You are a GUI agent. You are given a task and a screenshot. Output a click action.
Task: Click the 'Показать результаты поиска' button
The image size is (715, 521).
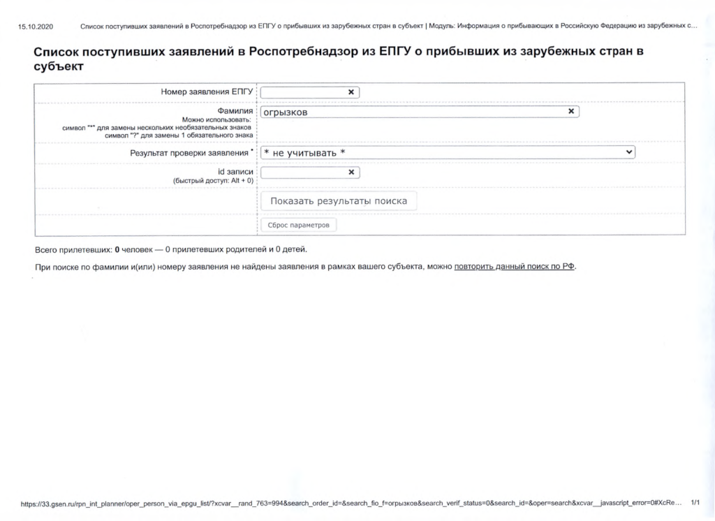coord(339,201)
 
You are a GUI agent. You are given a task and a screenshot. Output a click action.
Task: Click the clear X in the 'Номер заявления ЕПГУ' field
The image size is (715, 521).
coord(351,92)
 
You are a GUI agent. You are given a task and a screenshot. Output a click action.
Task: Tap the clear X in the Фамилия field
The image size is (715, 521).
coord(571,112)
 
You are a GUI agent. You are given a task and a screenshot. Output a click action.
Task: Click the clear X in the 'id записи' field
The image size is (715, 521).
coord(351,173)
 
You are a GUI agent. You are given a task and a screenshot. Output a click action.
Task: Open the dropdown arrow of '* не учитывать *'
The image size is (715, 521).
coord(628,152)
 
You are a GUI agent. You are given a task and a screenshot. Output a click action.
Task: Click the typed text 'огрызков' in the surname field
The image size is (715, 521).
coord(285,112)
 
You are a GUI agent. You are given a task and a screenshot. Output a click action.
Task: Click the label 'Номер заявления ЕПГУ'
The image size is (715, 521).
coord(207,92)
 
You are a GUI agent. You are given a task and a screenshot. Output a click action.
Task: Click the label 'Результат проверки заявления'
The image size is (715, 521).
coord(189,152)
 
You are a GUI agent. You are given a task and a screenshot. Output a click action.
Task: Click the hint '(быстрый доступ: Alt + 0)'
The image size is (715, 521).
coord(213,181)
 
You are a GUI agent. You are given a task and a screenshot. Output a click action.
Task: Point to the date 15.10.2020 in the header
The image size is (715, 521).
coord(36,27)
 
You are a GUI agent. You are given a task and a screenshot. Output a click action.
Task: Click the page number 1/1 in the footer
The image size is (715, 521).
coord(695,502)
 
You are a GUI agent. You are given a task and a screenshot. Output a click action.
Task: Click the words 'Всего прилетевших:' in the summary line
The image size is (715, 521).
coord(73,249)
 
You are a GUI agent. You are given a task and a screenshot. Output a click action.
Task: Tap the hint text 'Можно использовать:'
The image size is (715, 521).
coord(217,120)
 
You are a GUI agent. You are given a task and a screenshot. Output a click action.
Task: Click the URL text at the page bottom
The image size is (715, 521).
coord(349,503)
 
